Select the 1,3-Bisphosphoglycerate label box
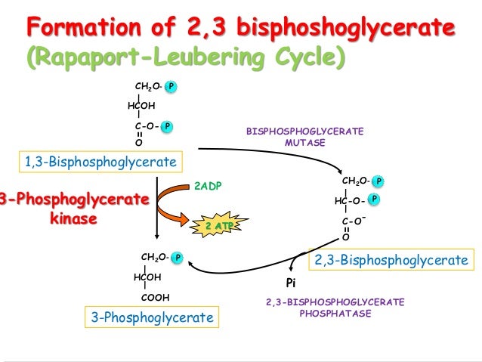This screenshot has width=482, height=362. (x=100, y=162)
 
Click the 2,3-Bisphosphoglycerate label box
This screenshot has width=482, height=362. (x=391, y=260)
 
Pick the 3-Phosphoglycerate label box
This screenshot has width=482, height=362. (x=152, y=318)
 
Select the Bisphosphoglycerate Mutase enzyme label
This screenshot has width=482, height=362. (x=305, y=137)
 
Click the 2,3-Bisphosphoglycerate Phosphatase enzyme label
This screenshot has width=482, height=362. (x=335, y=308)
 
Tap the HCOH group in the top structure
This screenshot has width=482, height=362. (x=141, y=106)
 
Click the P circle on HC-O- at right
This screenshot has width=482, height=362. (x=374, y=199)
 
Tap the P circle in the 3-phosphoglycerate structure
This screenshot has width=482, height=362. (x=177, y=258)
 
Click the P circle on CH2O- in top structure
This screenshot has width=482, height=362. (x=171, y=88)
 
